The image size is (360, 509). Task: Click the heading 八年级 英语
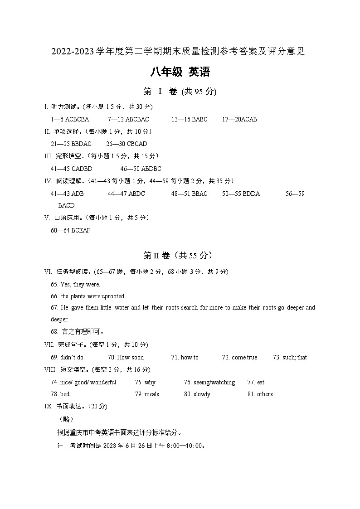pyautogui.click(x=180, y=72)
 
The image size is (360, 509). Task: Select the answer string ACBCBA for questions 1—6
pyautogui.click(x=78, y=120)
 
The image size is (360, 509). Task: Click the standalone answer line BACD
pyautogui.click(x=66, y=206)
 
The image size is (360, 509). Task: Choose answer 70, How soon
pyautogui.click(x=131, y=358)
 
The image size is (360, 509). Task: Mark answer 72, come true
pyautogui.click(x=244, y=358)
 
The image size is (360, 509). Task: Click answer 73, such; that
pyautogui.click(x=296, y=358)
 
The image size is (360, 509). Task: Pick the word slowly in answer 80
pyautogui.click(x=202, y=394)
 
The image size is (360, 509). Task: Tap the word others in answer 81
pyautogui.click(x=265, y=394)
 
